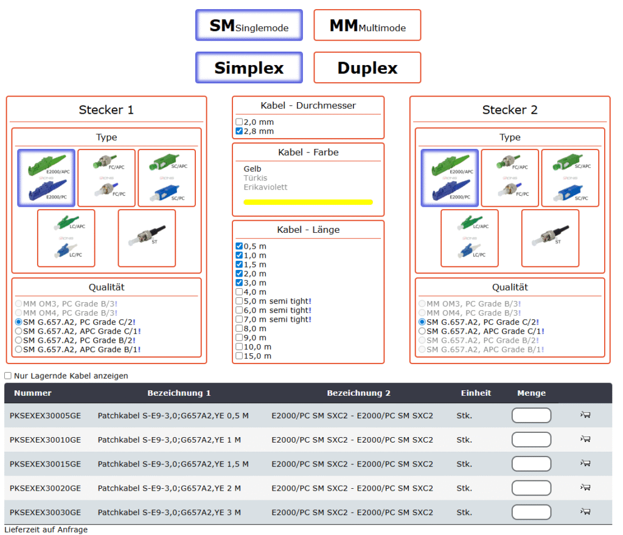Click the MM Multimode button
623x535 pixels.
(x=367, y=26)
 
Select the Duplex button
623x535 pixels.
(x=367, y=67)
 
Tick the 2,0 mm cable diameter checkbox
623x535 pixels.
(x=239, y=122)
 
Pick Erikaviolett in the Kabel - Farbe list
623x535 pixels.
(x=265, y=187)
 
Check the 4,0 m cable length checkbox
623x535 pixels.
(x=239, y=292)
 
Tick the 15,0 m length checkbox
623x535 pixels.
(x=239, y=356)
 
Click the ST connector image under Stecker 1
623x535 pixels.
(x=147, y=238)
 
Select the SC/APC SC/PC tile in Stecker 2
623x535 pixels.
(x=570, y=178)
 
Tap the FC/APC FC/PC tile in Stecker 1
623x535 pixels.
(x=106, y=178)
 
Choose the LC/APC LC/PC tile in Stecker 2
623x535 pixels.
(x=470, y=238)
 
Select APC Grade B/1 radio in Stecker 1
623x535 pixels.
(x=19, y=350)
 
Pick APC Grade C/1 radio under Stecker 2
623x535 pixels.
(x=422, y=331)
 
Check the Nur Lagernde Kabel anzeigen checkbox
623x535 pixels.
(x=8, y=376)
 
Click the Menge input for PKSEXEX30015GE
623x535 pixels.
(x=531, y=464)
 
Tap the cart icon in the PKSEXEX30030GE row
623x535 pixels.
(x=585, y=511)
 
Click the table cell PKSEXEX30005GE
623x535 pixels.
(x=45, y=416)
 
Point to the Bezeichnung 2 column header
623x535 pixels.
(x=358, y=393)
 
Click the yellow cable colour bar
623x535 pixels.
(x=308, y=202)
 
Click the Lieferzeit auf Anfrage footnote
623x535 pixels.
(x=46, y=530)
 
